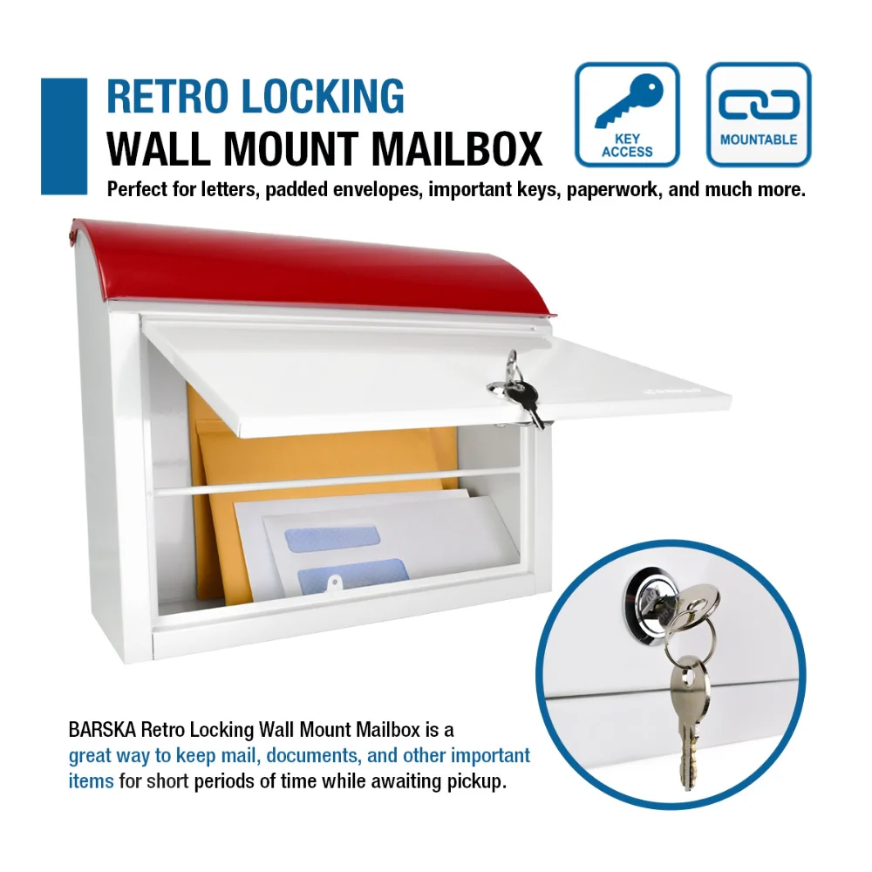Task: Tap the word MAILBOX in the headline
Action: [457, 148]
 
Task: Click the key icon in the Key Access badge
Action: [629, 100]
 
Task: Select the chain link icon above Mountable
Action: [759, 104]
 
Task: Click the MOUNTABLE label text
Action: [759, 140]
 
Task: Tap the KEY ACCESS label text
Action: [627, 145]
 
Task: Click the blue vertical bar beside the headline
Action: [64, 136]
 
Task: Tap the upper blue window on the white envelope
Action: [332, 538]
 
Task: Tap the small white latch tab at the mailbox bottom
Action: [333, 584]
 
